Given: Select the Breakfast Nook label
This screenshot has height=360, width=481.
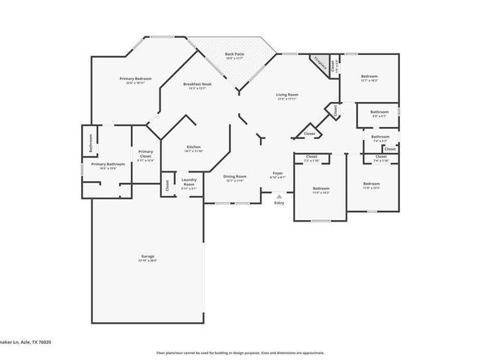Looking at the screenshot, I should [x=198, y=85].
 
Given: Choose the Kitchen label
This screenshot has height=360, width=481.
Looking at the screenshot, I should [x=194, y=146].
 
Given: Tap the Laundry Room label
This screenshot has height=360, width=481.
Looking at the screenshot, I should [x=189, y=181].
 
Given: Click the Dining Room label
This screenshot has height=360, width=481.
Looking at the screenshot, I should [x=235, y=176].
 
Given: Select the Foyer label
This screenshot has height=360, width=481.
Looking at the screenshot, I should [x=277, y=173].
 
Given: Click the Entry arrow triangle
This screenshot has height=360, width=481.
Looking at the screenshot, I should [x=279, y=195].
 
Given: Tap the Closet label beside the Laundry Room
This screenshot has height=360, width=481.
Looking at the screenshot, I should [x=168, y=184].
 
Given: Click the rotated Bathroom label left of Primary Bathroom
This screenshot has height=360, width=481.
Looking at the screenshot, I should [x=90, y=141].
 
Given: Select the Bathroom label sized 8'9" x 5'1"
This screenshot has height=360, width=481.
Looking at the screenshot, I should [x=378, y=112].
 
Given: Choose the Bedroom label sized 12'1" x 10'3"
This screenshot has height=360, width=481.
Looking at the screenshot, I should [x=369, y=77].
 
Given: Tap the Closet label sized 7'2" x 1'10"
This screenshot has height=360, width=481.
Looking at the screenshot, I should [x=311, y=157].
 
